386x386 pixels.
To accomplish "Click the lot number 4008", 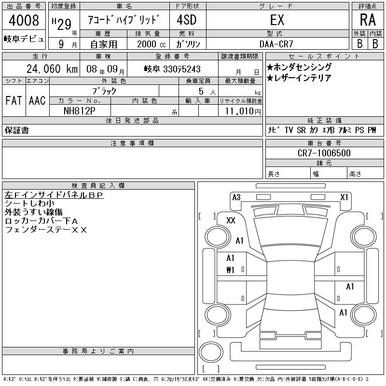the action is pos(24,20).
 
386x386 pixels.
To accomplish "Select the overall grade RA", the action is pos(368,20).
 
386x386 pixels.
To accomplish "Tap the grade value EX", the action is pos(277,20).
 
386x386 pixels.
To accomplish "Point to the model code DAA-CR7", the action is pos(276,44).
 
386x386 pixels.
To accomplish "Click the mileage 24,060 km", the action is pos(52,69).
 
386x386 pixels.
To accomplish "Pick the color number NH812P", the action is pos(80,111).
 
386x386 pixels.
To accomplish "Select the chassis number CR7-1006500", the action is pos(324,153).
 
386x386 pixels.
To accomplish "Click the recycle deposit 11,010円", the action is pos(243,111).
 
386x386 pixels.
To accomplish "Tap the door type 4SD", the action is pos(187,20).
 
